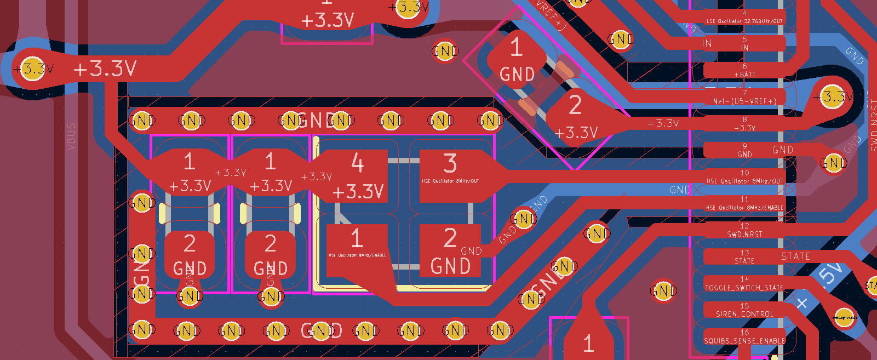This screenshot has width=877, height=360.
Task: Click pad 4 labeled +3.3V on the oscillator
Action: coord(357,176)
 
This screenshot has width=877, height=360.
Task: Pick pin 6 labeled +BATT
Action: coord(744,70)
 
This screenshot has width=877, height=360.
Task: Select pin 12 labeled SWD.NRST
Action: coord(744,230)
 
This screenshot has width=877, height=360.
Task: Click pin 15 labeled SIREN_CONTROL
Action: coord(744,310)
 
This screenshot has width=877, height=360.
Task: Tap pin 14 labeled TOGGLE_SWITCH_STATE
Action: coord(744,283)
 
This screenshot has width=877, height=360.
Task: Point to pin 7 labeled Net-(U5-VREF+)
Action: coord(744,97)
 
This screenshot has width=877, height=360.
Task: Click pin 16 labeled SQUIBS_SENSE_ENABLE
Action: coord(744,336)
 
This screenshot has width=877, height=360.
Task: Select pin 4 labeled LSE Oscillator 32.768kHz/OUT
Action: coord(744,17)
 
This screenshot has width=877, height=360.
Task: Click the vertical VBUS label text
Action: coord(71,136)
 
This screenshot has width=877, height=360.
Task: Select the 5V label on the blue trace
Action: coord(831,273)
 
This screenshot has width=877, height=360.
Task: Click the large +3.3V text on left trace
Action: coord(105,69)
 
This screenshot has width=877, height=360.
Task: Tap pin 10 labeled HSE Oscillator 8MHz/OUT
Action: coord(744,176)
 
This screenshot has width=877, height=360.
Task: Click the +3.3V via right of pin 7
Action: coord(832,97)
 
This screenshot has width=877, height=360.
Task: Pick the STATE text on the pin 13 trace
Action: coord(795,256)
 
